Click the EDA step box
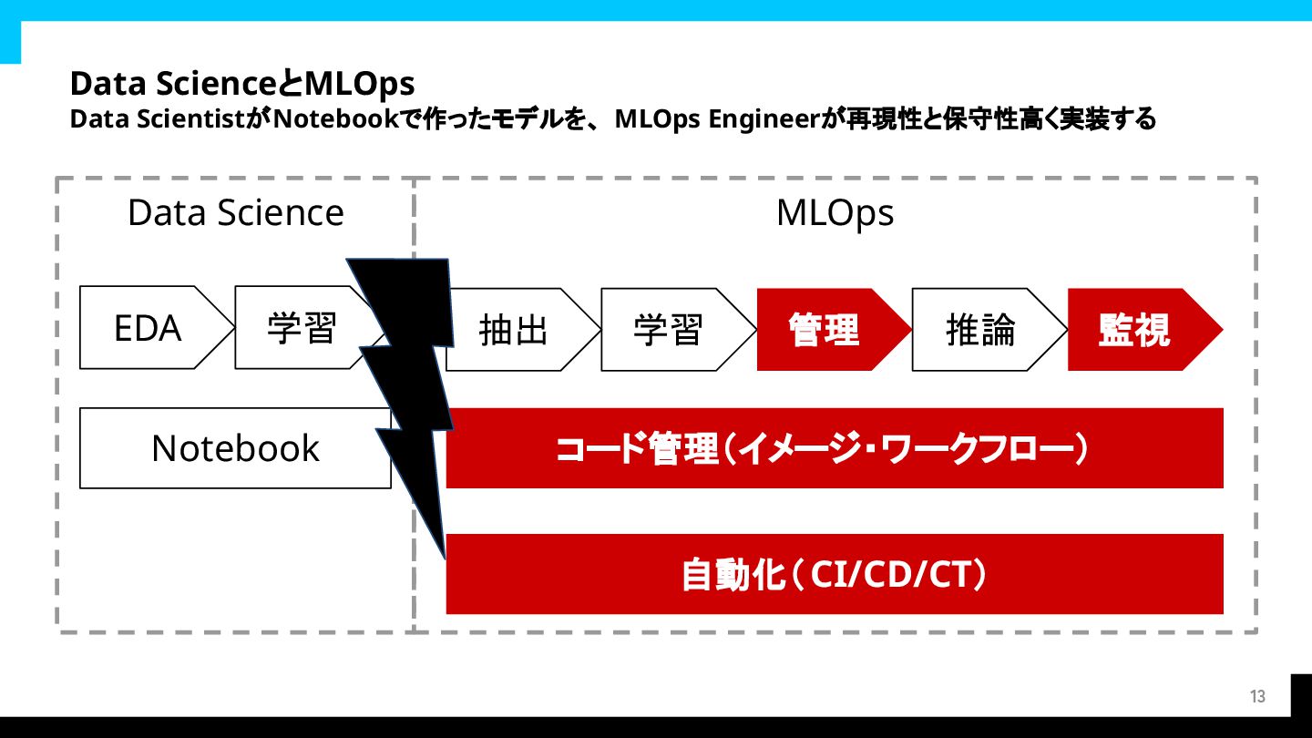click(148, 328)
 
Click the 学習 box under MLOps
click(669, 330)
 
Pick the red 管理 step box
click(825, 330)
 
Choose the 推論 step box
click(980, 330)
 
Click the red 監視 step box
click(1135, 330)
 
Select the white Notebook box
click(235, 448)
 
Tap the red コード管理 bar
click(834, 448)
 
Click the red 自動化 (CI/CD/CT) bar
click(834, 574)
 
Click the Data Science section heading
click(235, 213)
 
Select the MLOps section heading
click(835, 213)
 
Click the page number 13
click(1257, 697)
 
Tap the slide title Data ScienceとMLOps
click(242, 84)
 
